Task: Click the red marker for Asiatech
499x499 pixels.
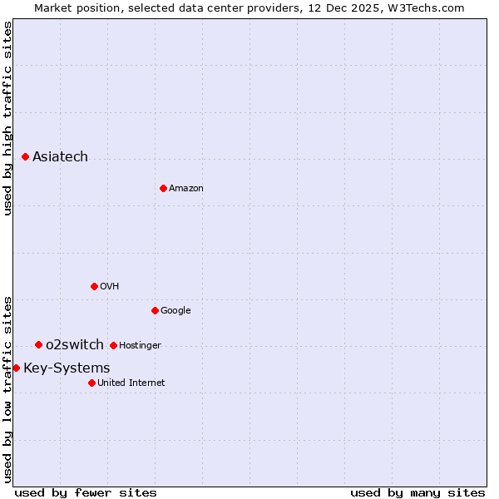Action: click(25, 156)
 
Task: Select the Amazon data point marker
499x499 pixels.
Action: click(163, 188)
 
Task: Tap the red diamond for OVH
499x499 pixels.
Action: click(94, 286)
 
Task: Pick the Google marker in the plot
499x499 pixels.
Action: click(155, 310)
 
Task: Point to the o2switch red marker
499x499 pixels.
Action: click(38, 344)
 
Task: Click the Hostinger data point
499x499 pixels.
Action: click(113, 345)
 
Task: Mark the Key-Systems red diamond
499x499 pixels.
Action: click(16, 368)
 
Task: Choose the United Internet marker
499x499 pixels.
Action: click(91, 383)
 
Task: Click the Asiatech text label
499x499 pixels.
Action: click(60, 156)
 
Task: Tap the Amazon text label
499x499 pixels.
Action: click(186, 188)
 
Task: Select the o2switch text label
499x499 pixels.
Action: click(75, 344)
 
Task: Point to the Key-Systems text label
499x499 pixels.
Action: click(67, 368)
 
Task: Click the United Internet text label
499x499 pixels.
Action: click(131, 383)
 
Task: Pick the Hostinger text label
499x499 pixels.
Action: click(140, 345)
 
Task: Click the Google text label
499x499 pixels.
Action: click(175, 310)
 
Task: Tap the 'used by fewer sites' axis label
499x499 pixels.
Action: click(86, 492)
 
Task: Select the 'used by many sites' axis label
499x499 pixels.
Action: click(417, 492)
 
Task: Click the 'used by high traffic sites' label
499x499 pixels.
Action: click(7, 118)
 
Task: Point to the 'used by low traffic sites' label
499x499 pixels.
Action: click(7, 389)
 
